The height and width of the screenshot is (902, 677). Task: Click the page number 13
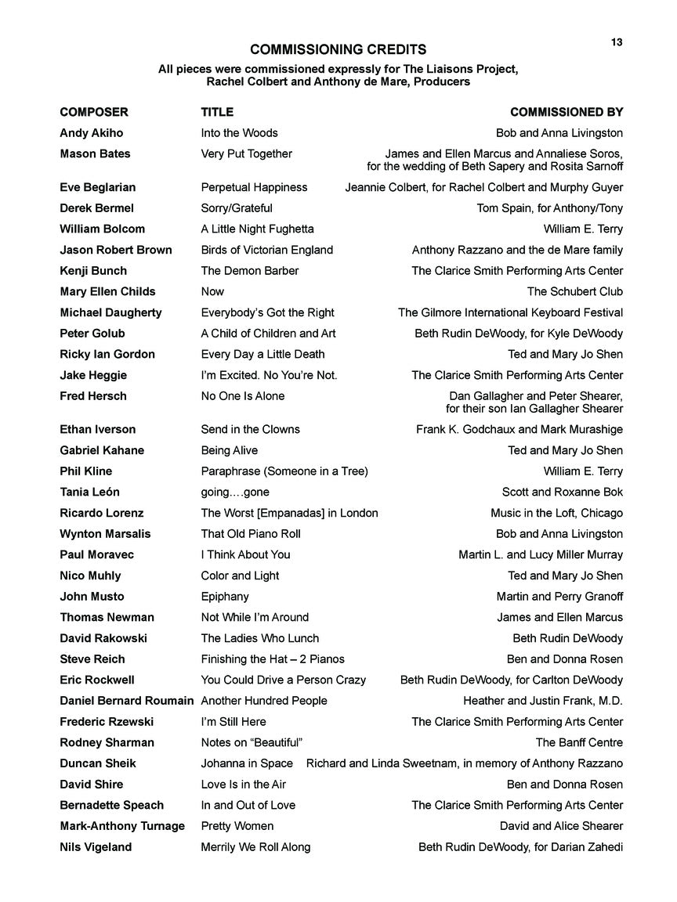point(617,42)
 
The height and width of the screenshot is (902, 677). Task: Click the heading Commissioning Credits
point(338,49)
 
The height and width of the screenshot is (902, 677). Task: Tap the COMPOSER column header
point(93,112)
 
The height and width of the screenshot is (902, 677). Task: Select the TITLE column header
point(217,112)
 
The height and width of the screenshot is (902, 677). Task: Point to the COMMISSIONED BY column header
point(566,112)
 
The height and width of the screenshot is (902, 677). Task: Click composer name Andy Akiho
point(91,133)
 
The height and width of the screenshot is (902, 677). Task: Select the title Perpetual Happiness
point(254,187)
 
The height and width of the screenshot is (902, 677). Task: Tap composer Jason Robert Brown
point(114,250)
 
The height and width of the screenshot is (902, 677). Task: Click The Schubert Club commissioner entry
point(574,291)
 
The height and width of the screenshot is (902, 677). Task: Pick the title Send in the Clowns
point(250,429)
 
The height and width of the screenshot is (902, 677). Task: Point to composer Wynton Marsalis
point(105,534)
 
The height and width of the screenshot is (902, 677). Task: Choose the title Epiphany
point(225,597)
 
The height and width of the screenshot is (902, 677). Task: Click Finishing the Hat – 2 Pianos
point(273,659)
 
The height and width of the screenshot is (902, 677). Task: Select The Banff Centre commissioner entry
point(579,742)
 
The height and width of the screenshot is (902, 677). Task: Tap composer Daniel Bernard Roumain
point(126,701)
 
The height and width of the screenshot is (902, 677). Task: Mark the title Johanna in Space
point(247,763)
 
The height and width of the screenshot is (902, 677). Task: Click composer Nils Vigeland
point(96,847)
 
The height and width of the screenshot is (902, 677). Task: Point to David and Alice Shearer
point(561,826)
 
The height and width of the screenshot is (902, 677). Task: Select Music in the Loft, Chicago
point(556,513)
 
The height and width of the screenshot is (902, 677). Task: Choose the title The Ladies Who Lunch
point(259,638)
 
